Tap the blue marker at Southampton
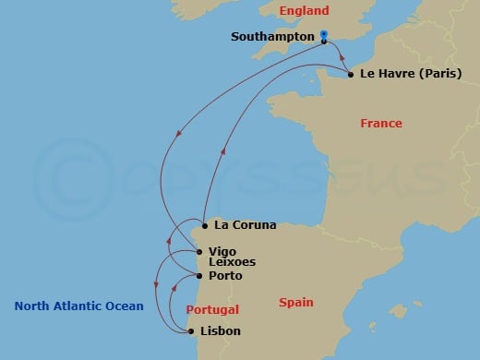[x=325, y=38]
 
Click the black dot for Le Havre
[x=352, y=74]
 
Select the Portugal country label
[x=212, y=309]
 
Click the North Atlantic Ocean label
[x=79, y=306]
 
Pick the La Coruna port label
[x=245, y=223]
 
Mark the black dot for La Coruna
[x=204, y=223]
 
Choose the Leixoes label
[x=232, y=262]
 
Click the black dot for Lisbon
[x=191, y=330]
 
